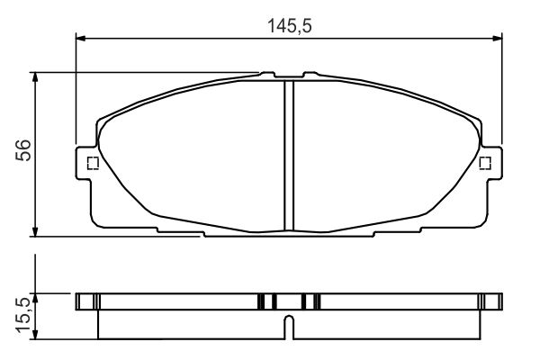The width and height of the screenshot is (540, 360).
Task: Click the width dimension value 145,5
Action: coord(288,26)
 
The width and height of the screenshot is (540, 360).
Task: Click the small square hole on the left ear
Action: coord(90,163)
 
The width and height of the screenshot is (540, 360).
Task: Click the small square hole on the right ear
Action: coord(485,163)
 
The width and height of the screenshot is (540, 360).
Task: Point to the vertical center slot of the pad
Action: coord(288,153)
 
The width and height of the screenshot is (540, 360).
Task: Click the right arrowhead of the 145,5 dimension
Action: coord(497,38)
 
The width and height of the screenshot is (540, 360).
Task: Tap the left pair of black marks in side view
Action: coord(265,301)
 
